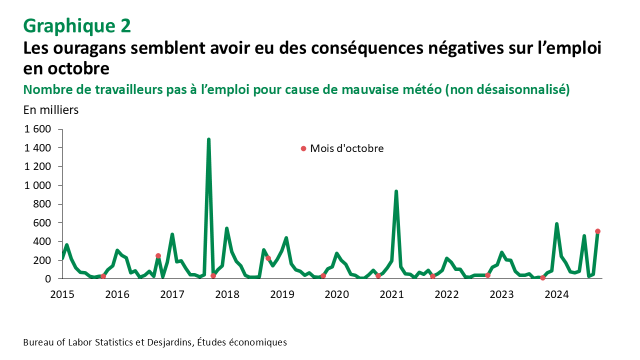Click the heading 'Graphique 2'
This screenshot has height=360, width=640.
[77, 26]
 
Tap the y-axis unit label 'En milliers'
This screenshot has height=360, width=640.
[51, 110]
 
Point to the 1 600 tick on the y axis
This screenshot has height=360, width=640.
[38, 129]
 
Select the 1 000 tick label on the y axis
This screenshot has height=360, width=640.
[38, 185]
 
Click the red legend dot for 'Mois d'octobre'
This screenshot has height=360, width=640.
[303, 148]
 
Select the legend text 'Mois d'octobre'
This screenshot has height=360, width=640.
[347, 148]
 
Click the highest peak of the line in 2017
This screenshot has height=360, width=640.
[208, 139]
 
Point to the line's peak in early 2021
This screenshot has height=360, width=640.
[396, 191]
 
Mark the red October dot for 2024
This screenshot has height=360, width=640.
[597, 231]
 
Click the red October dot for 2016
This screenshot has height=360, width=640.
[158, 256]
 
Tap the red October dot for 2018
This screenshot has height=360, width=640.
[268, 258]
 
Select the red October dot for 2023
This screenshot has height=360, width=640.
[542, 277]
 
